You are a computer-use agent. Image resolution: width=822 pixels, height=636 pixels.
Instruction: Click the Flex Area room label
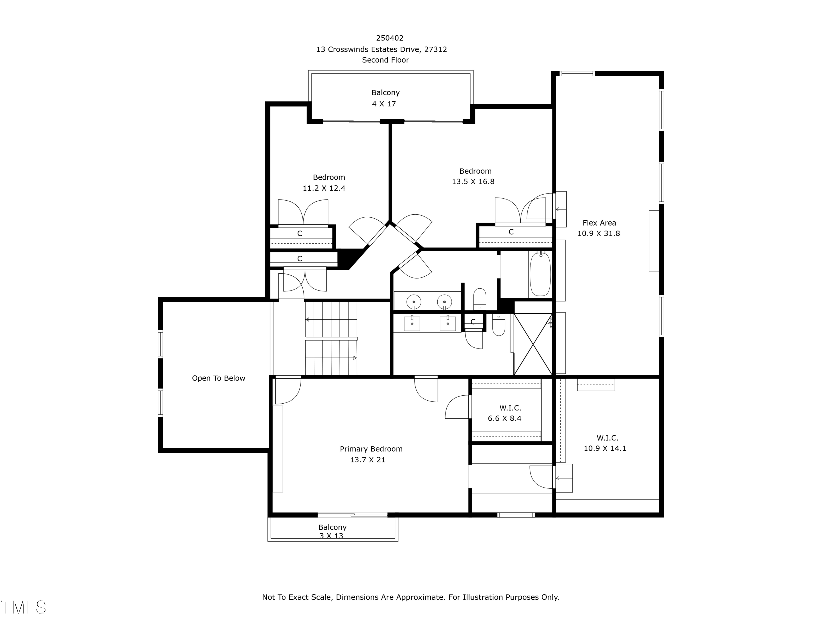click(599, 223)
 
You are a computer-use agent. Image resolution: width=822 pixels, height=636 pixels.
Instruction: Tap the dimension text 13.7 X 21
click(367, 460)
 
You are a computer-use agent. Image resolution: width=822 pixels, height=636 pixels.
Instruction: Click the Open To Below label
click(218, 378)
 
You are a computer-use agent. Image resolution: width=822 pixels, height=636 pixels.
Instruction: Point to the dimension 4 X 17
click(384, 104)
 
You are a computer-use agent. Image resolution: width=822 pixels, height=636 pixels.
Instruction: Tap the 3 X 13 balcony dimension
click(331, 536)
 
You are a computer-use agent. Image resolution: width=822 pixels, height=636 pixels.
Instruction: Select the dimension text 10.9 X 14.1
click(605, 448)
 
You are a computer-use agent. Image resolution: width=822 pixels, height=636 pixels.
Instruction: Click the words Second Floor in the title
click(386, 60)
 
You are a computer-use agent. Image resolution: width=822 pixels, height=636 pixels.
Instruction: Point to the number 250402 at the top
click(390, 38)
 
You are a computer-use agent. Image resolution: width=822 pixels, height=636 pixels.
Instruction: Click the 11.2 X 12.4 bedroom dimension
click(324, 188)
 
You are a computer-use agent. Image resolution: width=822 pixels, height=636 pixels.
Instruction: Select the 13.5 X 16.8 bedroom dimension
click(473, 182)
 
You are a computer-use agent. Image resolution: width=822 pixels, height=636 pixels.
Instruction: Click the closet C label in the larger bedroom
click(511, 232)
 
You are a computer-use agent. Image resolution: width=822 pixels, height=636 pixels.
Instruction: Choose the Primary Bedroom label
click(371, 449)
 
